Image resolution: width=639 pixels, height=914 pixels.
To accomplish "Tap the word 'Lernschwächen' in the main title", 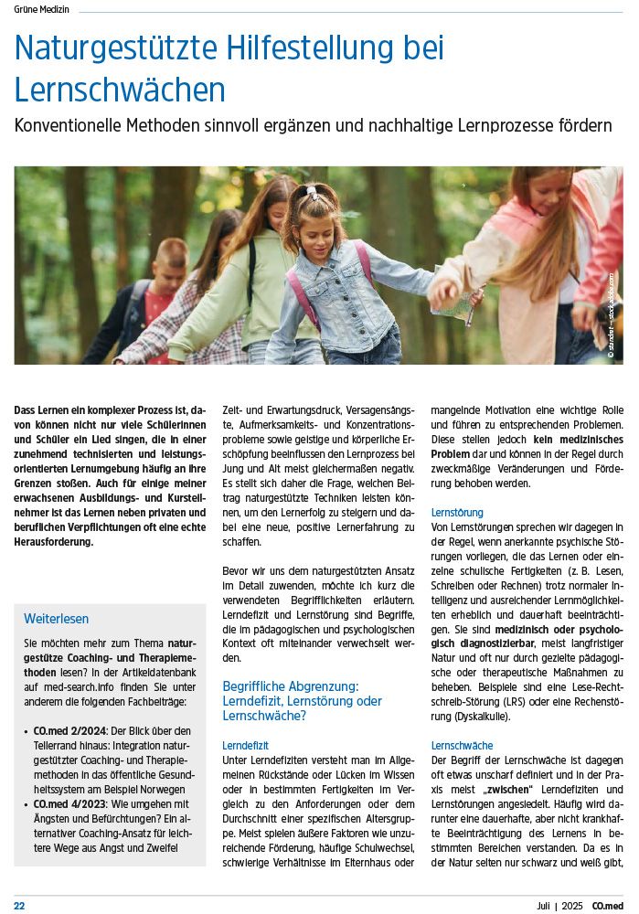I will [x=120, y=90].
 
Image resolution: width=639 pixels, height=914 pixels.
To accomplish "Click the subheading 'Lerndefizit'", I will [x=245, y=746].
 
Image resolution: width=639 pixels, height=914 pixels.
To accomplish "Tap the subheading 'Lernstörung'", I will [x=457, y=513].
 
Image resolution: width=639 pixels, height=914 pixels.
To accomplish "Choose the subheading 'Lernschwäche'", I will [x=462, y=746].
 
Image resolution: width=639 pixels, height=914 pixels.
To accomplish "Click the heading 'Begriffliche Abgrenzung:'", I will [x=290, y=685].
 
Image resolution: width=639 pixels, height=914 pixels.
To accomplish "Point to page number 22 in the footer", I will [x=19, y=905].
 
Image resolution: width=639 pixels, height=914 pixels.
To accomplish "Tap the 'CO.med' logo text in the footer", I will [x=608, y=905].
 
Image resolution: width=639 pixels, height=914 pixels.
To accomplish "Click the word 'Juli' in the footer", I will [x=546, y=905].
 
